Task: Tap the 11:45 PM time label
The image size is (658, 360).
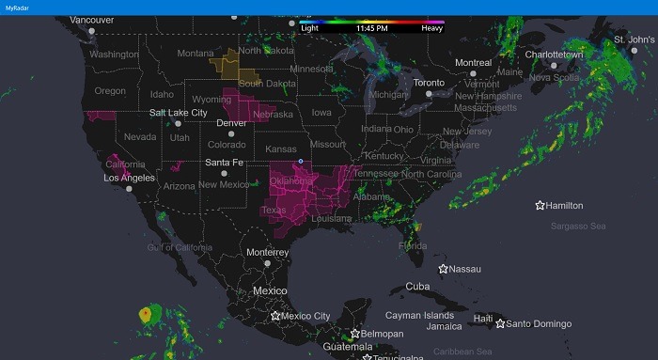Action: point(371,28)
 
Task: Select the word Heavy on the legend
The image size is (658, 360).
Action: point(431,28)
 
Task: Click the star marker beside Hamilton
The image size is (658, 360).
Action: point(540,205)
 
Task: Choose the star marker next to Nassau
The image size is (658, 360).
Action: point(443,269)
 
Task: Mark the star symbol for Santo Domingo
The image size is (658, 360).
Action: point(500,323)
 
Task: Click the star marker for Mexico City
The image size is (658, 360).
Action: point(275,316)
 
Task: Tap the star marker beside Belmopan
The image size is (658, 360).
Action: point(355,334)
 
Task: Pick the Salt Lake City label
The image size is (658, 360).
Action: point(178,113)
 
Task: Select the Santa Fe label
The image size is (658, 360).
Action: point(225,163)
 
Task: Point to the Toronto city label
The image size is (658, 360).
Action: point(428,83)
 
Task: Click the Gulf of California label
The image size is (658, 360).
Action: point(180,247)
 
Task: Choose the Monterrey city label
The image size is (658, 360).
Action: point(268,253)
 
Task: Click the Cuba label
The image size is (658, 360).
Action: point(416,287)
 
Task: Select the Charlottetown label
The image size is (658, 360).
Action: point(554,55)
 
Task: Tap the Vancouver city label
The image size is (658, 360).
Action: point(91,20)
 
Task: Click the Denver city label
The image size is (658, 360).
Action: point(231,123)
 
